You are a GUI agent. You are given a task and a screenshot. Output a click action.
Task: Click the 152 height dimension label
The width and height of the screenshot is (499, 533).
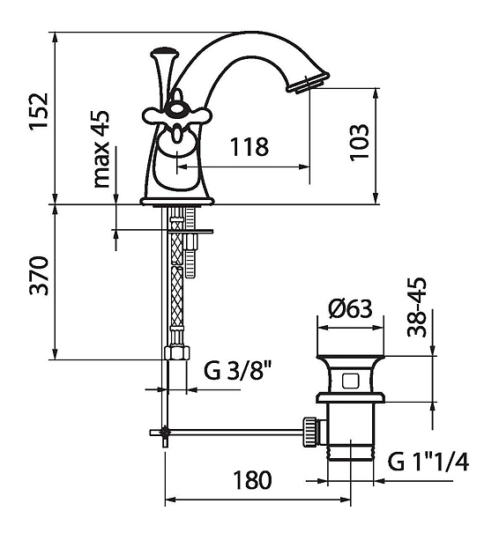tap(39, 110)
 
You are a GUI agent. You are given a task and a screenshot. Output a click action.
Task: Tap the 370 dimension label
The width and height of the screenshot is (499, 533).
tap(39, 276)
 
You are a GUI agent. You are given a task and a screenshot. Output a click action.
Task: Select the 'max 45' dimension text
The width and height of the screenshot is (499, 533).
tap(101, 149)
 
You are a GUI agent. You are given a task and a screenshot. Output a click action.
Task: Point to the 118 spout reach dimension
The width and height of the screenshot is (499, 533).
tap(249, 147)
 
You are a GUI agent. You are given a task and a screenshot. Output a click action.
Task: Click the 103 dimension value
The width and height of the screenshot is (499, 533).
tap(359, 143)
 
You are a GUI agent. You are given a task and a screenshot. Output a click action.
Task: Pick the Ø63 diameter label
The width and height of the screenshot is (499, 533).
tap(350, 308)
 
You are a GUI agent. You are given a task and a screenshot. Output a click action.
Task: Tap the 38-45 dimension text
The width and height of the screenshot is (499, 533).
tap(417, 307)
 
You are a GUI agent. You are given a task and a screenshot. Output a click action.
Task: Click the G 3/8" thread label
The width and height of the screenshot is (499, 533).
tap(238, 371)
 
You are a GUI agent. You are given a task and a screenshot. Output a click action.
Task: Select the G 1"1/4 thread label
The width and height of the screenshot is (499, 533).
tap(428, 462)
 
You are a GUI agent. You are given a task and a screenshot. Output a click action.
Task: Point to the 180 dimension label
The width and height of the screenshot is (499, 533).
tap(252, 480)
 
